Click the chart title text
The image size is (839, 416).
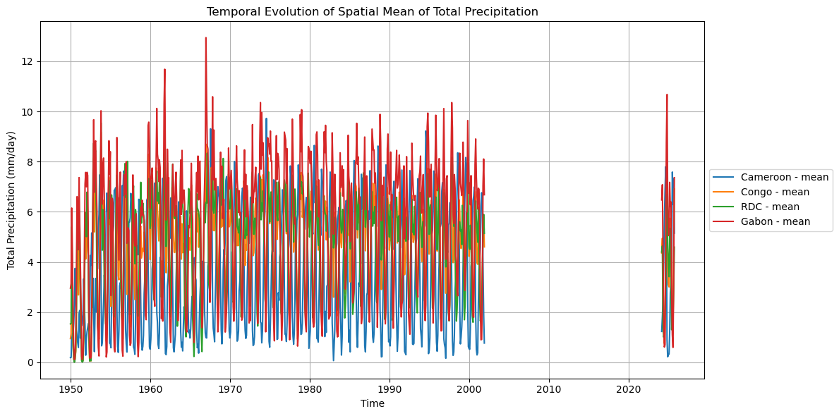click(372, 11)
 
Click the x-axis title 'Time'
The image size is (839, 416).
click(372, 404)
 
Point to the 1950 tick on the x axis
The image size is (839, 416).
click(71, 389)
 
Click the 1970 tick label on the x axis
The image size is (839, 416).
click(230, 389)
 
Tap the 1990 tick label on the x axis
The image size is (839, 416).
click(390, 389)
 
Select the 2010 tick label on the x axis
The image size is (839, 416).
click(549, 389)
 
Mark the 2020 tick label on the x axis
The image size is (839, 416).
click(629, 389)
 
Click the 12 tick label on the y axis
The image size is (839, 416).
click(29, 61)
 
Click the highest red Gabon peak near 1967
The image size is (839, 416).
click(206, 38)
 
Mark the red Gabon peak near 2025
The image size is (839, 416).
click(666, 94)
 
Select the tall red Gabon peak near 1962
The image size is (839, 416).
click(164, 69)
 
